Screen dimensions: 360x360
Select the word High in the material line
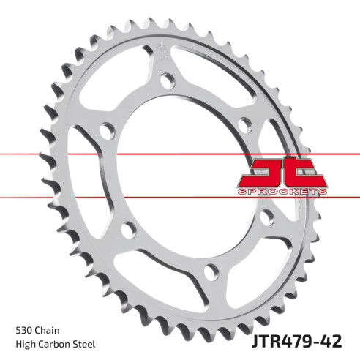(x=26, y=344)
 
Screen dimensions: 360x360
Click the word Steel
(x=86, y=344)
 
